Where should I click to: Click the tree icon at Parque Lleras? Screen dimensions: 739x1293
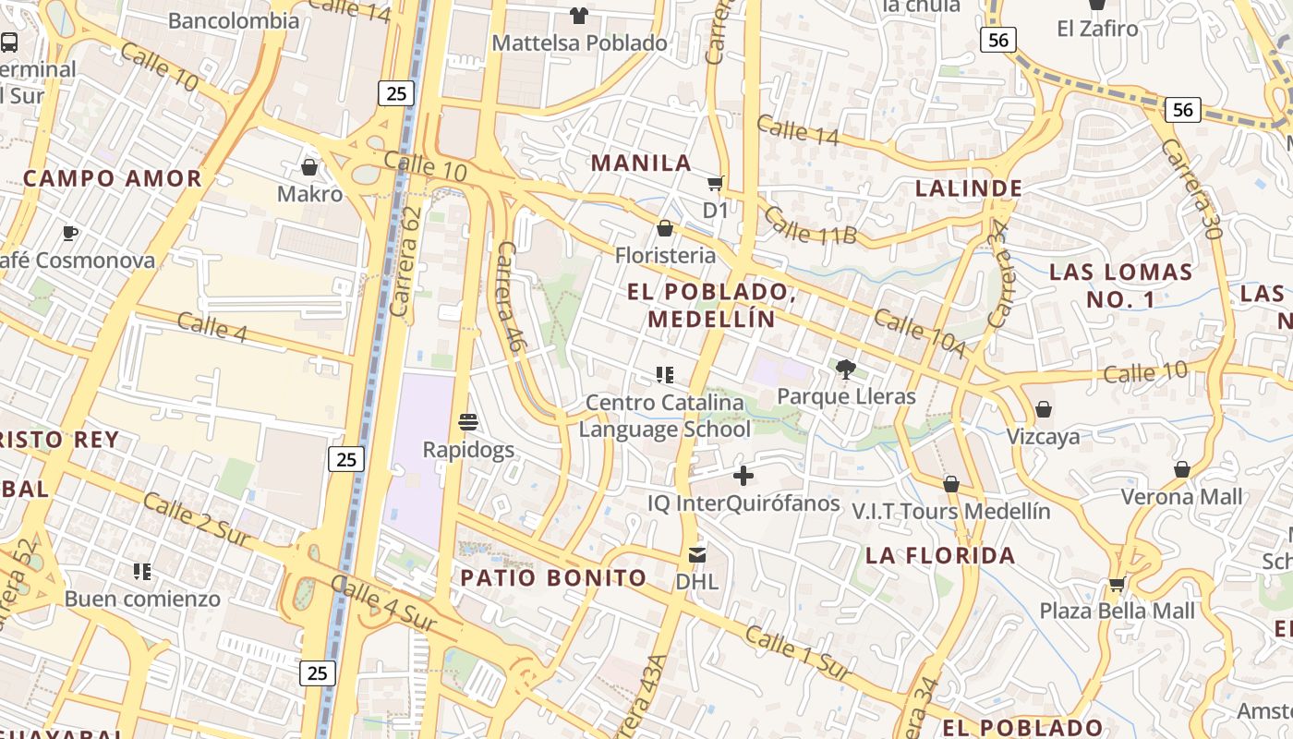coord(844,370)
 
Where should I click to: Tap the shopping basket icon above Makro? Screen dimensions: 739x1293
coord(309,167)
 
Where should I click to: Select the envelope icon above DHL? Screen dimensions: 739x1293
coord(697,555)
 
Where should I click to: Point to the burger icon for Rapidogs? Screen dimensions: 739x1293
coord(468,422)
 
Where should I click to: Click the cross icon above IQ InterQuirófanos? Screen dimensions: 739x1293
coord(743,476)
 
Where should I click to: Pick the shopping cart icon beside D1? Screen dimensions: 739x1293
coord(716,183)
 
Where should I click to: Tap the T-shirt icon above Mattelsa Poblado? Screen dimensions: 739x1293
coord(579,15)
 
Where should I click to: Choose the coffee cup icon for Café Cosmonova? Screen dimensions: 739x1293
coord(69,233)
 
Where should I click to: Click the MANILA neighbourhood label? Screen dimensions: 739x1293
coord(641,164)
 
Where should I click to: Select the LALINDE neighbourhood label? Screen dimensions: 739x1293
coord(969,188)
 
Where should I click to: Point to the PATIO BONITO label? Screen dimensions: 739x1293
coord(553,578)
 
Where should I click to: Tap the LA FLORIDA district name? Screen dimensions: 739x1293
coord(940,556)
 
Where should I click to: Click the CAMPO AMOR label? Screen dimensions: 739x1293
coord(113,178)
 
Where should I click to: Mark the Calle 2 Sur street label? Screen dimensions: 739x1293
coord(197,518)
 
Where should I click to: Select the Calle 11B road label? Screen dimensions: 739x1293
coord(810,226)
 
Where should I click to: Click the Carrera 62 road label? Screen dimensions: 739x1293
coord(406,261)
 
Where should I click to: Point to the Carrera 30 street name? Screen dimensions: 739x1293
coord(1191,189)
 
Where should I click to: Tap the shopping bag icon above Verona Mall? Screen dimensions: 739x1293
coord(1181,470)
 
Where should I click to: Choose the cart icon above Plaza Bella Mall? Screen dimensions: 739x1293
coord(1117,584)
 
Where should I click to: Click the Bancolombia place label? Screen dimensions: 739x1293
coord(234,20)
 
